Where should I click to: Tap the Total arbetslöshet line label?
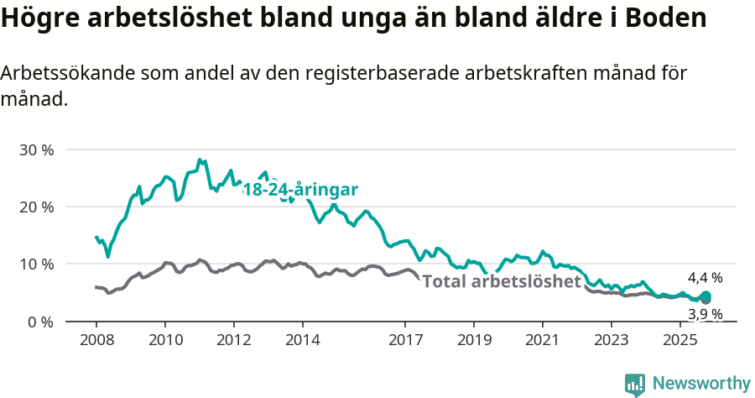(x=502, y=280)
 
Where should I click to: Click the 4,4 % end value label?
(x=705, y=278)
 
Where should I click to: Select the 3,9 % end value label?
(x=705, y=314)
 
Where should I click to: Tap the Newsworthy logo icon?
(x=635, y=385)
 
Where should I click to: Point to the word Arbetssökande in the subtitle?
(x=55, y=73)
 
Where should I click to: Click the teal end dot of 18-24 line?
(x=706, y=296)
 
